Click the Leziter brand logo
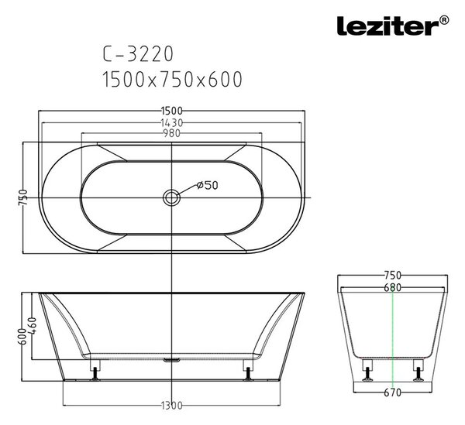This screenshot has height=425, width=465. click(x=392, y=26)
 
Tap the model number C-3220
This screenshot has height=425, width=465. click(x=138, y=54)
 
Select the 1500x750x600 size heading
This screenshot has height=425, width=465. click(x=172, y=79)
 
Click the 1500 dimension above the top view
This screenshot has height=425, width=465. click(x=172, y=111)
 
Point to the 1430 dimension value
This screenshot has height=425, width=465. click(x=172, y=122)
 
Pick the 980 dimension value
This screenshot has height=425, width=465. click(x=172, y=133)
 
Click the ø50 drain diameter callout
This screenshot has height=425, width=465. click(x=208, y=185)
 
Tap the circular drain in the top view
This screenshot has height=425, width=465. click(x=171, y=197)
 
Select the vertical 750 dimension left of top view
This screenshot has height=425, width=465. click(x=22, y=197)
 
